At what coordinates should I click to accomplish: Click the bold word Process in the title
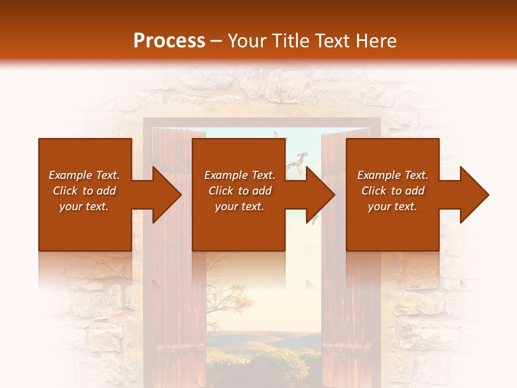click(x=169, y=41)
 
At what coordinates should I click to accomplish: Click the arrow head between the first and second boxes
click(x=166, y=195)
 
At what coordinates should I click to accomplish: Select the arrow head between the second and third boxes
click(x=320, y=195)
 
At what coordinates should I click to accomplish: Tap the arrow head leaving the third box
click(x=473, y=195)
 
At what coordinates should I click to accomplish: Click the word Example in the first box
click(x=70, y=175)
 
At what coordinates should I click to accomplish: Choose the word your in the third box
click(x=380, y=207)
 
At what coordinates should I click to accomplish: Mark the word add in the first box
click(x=107, y=191)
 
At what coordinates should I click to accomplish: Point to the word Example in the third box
click(x=379, y=175)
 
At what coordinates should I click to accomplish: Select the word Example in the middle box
click(x=226, y=175)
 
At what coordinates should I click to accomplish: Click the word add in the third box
click(x=415, y=191)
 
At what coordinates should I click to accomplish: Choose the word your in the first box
click(x=71, y=207)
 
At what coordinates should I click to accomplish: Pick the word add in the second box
click(x=262, y=191)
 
